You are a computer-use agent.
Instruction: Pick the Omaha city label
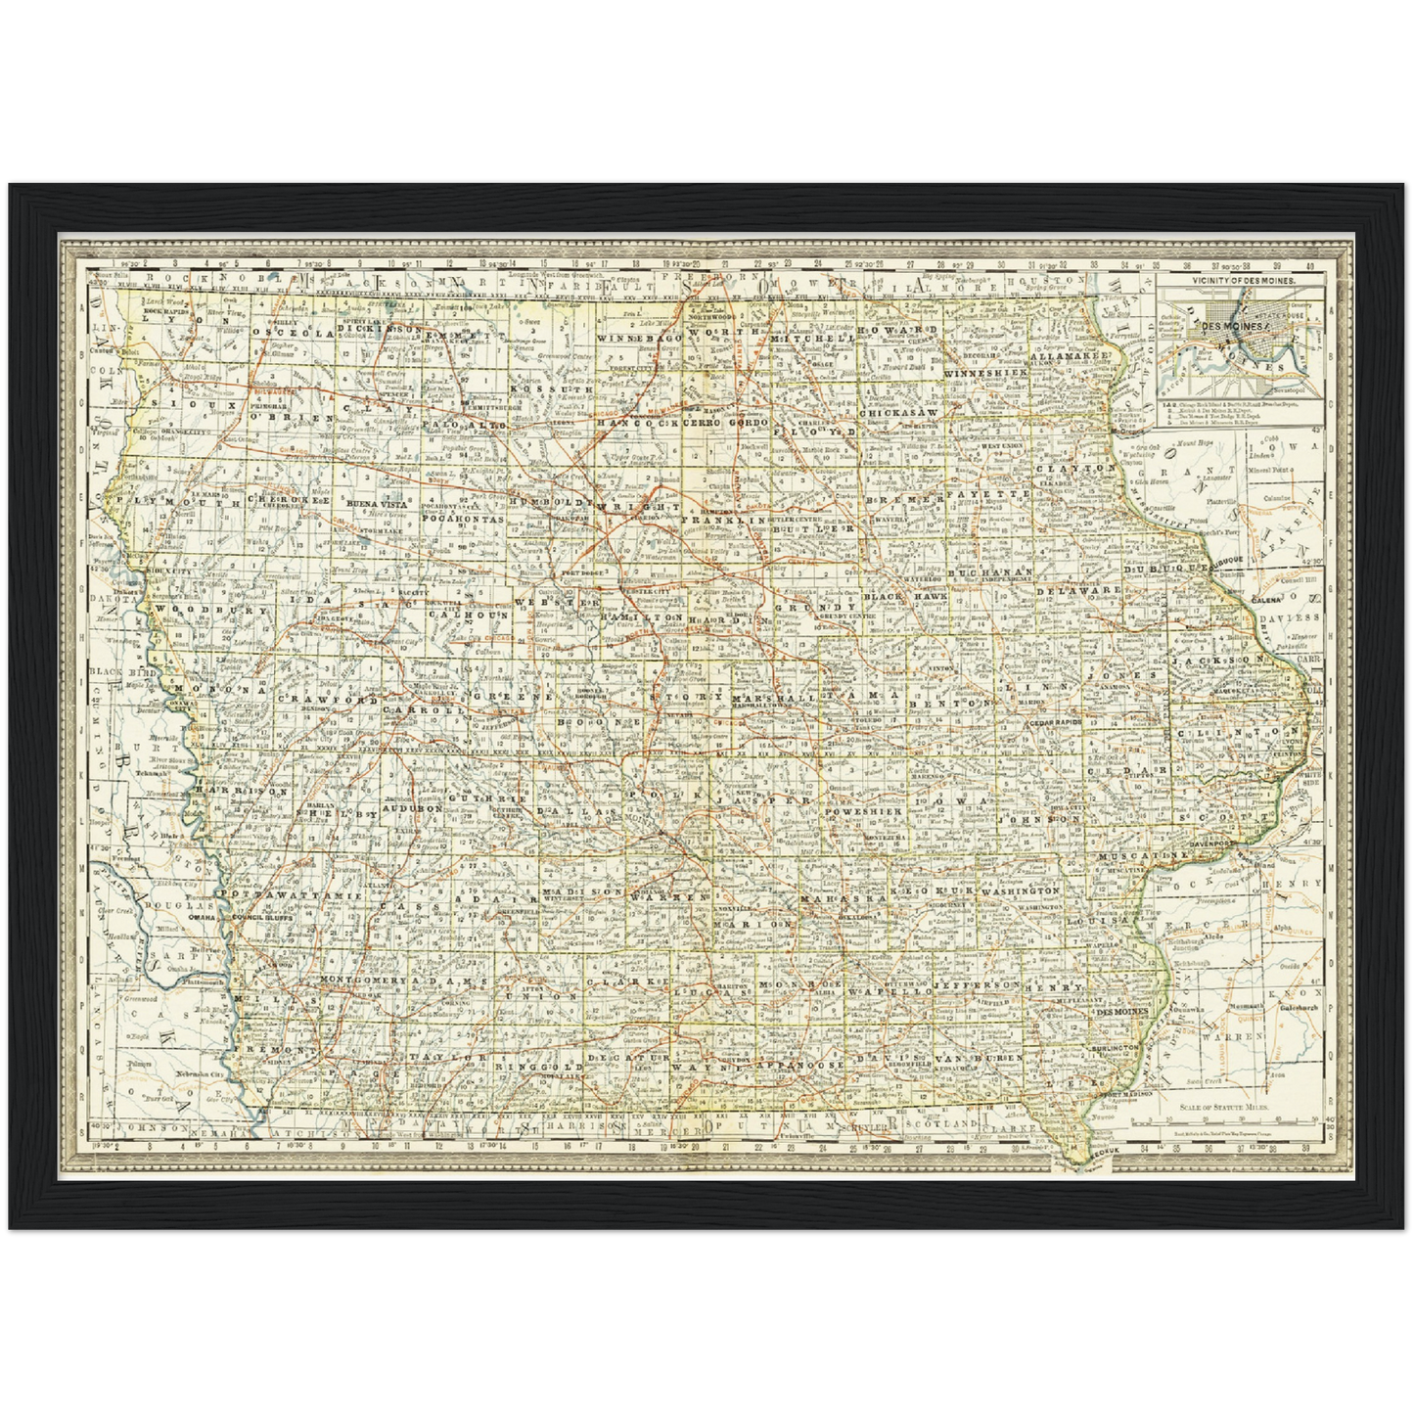(202, 918)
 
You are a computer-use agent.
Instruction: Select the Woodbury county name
(209, 610)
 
